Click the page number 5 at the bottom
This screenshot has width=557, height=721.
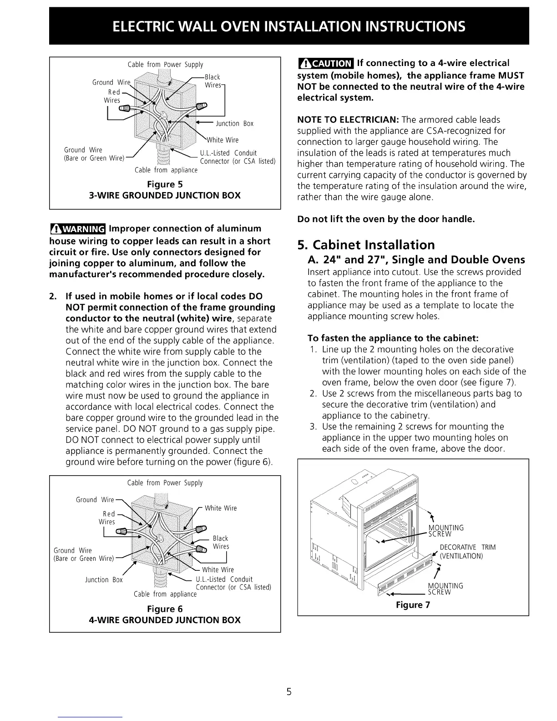pos(289,693)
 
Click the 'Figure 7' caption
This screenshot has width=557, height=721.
pos(413,605)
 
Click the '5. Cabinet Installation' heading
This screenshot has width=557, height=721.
pos(366,245)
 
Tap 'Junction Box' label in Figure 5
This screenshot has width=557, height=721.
pos(234,123)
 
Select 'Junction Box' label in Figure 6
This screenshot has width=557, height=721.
pos(104,580)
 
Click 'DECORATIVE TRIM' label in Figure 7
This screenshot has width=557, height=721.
pos(467,547)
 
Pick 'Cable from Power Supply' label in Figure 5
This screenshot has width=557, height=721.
pos(165,65)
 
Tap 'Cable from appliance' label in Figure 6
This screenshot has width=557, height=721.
pos(165,594)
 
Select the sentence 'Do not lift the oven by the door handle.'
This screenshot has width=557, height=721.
pos(386,219)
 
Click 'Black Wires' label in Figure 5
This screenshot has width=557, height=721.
pos(213,81)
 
